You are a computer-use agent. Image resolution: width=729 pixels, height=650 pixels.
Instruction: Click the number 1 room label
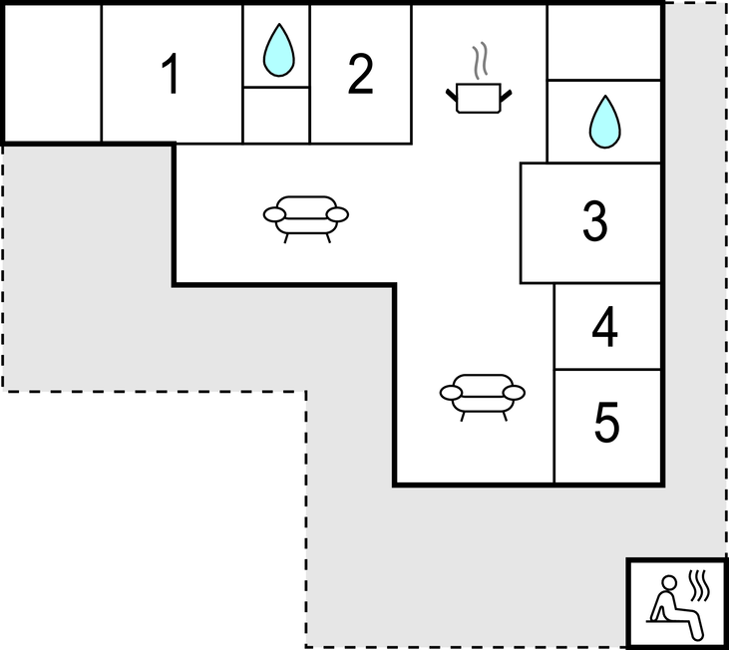pyautogui.click(x=171, y=74)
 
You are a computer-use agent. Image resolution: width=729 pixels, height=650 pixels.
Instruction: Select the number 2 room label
pyautogui.click(x=360, y=74)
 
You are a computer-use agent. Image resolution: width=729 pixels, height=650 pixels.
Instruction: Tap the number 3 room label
pyautogui.click(x=595, y=221)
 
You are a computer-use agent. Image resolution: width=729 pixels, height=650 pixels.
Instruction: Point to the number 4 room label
pyautogui.click(x=605, y=327)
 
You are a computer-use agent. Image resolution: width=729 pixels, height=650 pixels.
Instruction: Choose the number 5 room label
pyautogui.click(x=606, y=423)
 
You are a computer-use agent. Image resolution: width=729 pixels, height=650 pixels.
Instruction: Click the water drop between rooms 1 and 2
pyautogui.click(x=278, y=50)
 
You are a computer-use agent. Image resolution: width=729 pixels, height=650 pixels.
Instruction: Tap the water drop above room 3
pyautogui.click(x=605, y=122)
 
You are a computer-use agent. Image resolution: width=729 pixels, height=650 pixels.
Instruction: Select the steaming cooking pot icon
pyautogui.click(x=479, y=78)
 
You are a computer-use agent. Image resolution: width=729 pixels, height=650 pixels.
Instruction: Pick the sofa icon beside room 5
pyautogui.click(x=482, y=397)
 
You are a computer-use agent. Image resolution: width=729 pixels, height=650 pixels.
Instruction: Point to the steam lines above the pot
pyautogui.click(x=481, y=60)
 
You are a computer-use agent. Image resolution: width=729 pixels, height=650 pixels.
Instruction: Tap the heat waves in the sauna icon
pyautogui.click(x=700, y=585)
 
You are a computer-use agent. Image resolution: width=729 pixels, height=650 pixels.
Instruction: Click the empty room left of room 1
pyautogui.click(x=53, y=74)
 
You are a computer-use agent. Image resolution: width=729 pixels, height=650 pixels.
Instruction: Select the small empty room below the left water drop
pyautogui.click(x=276, y=116)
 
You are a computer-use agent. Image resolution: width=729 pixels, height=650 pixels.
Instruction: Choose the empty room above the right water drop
pyautogui.click(x=604, y=43)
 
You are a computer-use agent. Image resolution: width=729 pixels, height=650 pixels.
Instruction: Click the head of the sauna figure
pyautogui.click(x=669, y=583)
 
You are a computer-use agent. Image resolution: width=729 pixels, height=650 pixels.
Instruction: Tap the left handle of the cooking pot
pyautogui.click(x=452, y=96)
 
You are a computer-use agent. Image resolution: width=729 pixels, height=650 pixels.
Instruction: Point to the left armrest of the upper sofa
pyautogui.click(x=274, y=214)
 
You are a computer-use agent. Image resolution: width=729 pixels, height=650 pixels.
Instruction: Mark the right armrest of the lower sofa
pyautogui.click(x=514, y=393)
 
